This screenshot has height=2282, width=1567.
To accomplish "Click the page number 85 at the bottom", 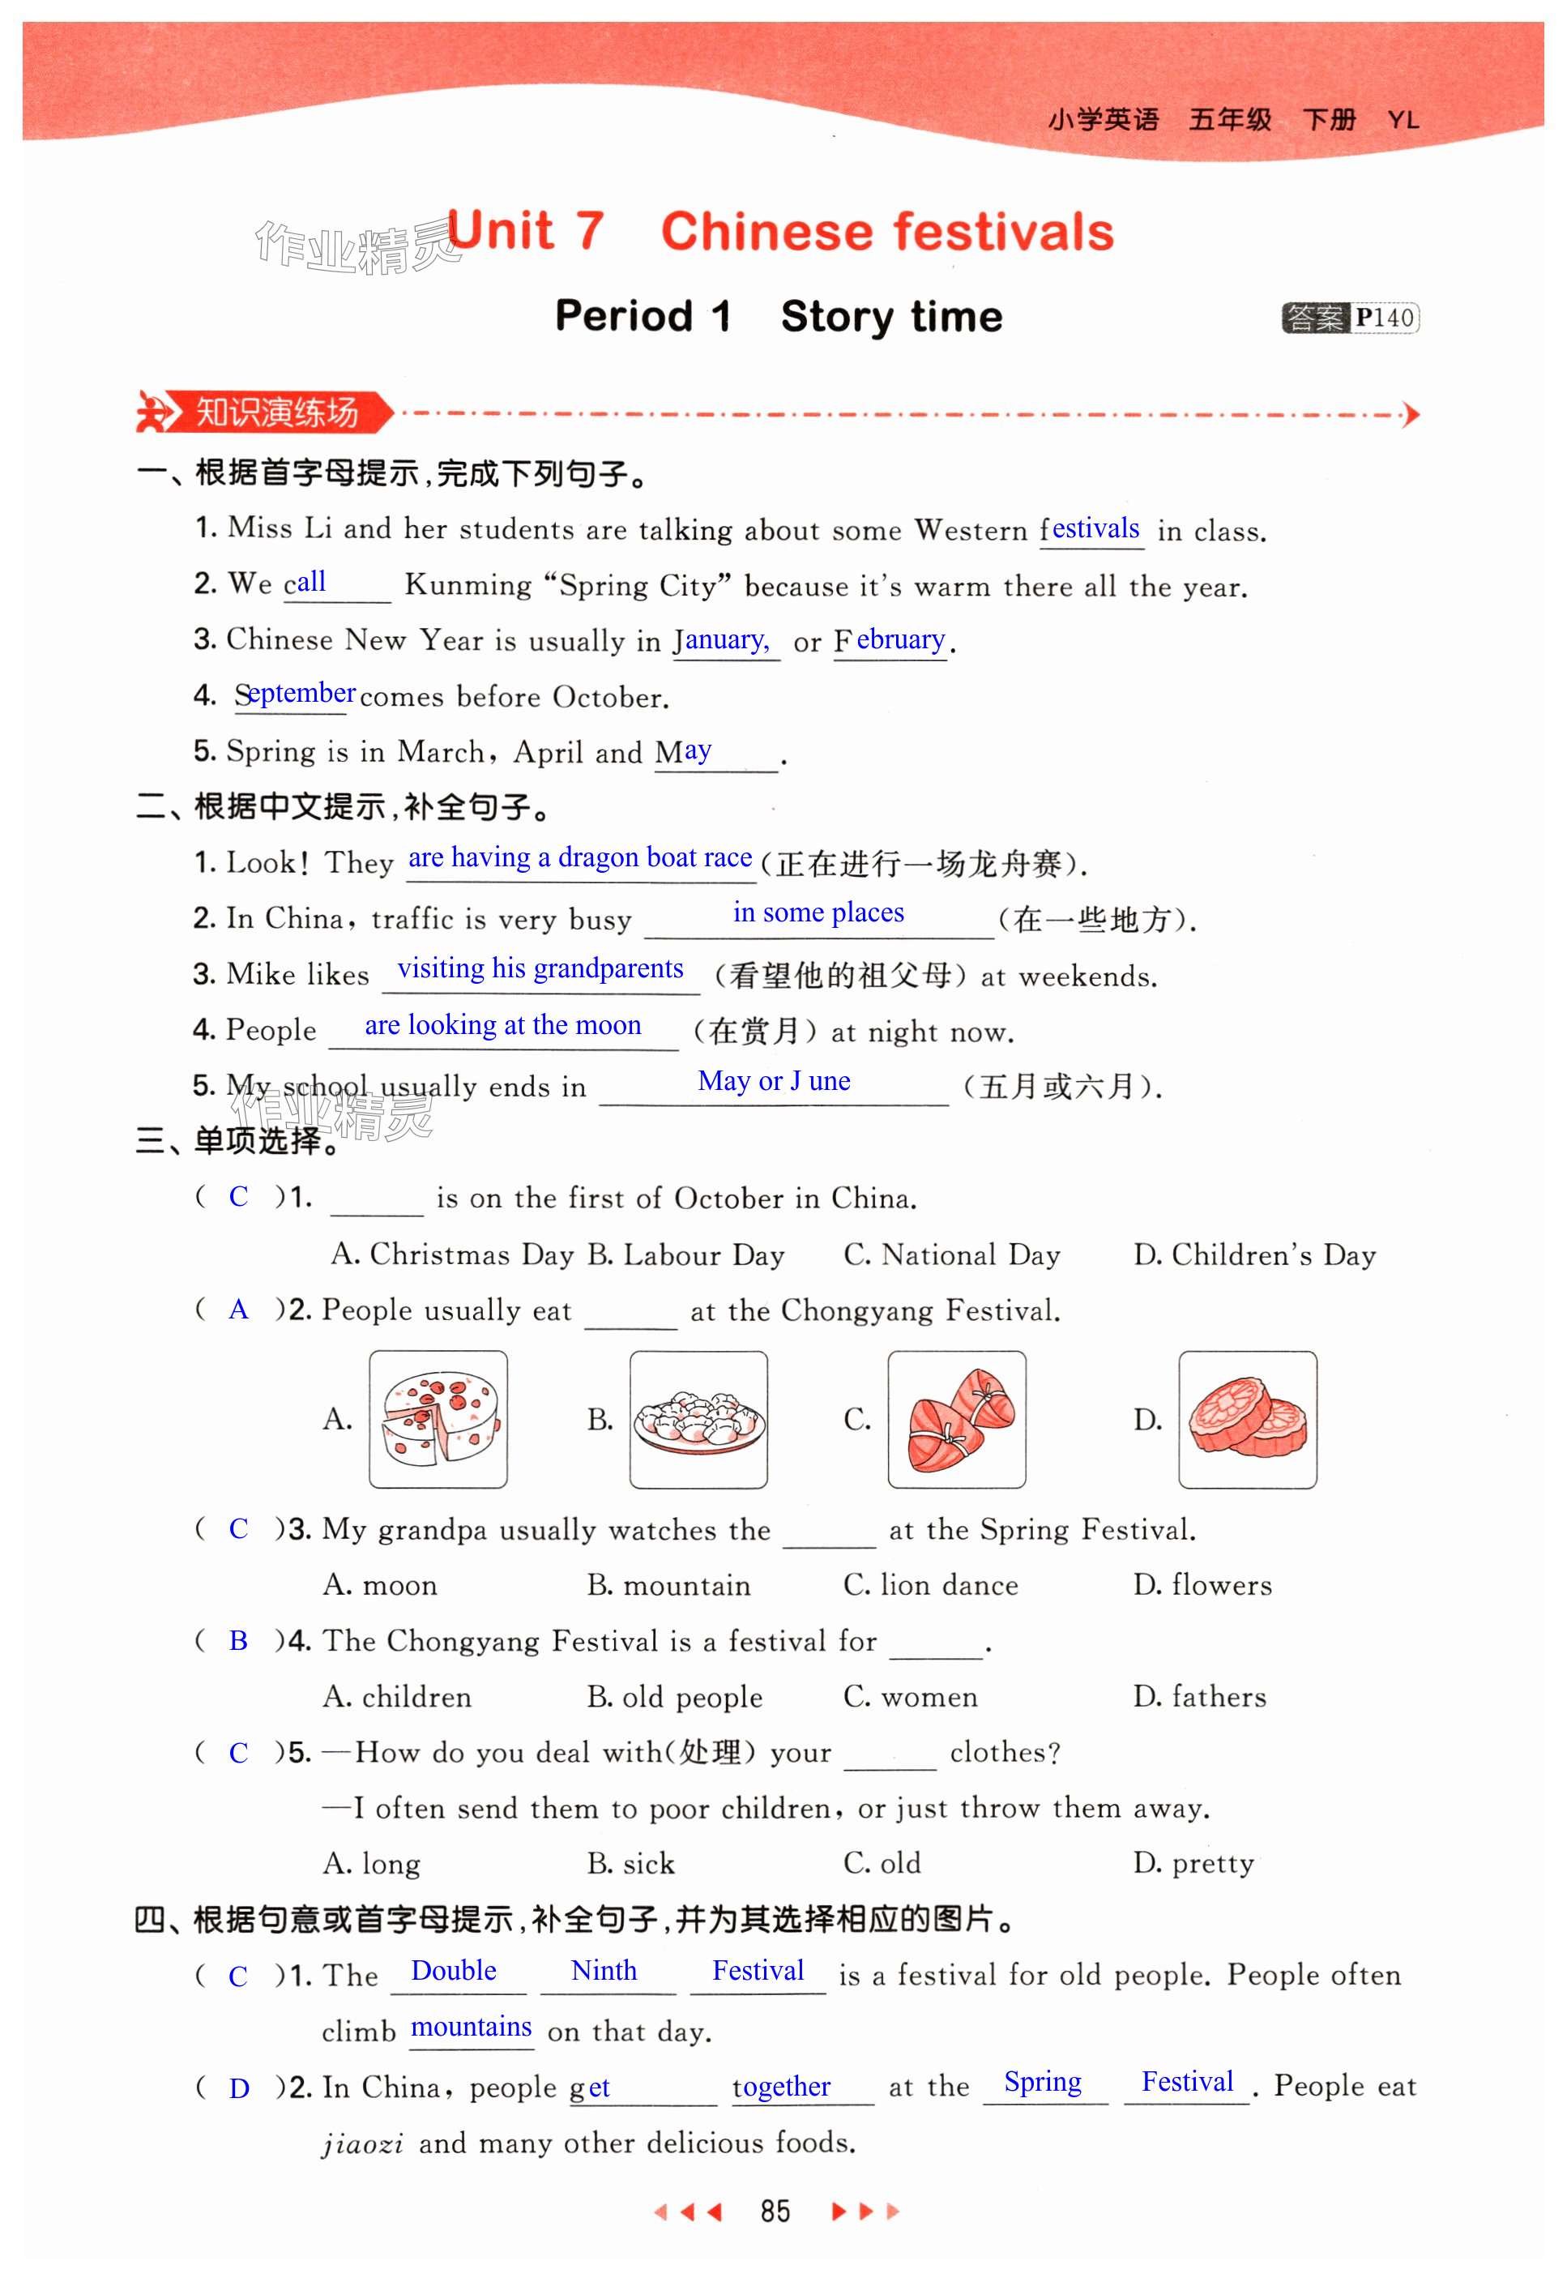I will point(775,2211).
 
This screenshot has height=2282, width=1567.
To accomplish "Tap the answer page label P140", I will point(1385,318).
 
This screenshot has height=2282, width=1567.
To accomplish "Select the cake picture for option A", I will point(438,1419).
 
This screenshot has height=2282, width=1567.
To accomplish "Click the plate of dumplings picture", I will point(698,1419).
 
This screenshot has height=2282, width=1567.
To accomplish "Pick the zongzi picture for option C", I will point(956,1419).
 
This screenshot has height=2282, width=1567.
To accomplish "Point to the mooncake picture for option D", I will point(1247,1419).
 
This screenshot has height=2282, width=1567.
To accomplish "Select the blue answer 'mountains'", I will point(472,2028).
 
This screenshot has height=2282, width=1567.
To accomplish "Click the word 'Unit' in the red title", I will point(502,232).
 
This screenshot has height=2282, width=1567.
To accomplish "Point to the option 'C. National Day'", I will point(951,1255).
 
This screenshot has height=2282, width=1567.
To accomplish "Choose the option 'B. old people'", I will point(674,1697).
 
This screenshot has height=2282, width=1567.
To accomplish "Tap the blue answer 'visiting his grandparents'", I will point(540,968).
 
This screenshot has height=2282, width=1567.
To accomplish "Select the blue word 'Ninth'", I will point(604,1971).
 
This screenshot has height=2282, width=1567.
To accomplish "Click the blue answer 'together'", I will point(782,2086).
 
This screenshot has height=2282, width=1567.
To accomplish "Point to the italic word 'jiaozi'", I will point(362,2143).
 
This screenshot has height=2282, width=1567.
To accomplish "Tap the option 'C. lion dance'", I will point(930,1585).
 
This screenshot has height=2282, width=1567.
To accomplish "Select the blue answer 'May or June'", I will point(774,1081).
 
